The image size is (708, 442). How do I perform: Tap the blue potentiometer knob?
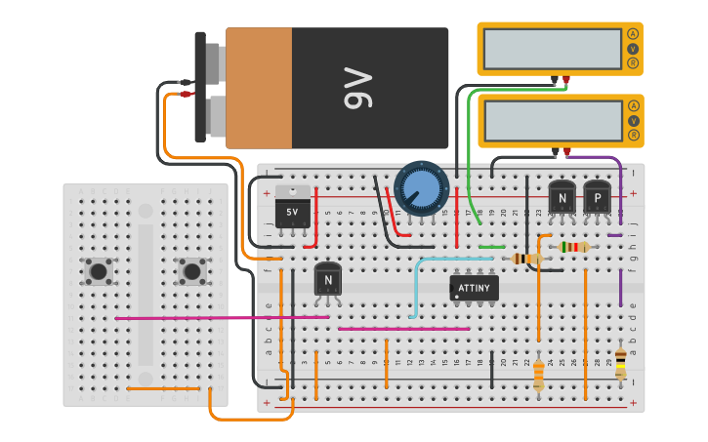point(420,187)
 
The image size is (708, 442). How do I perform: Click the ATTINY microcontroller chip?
point(474,288)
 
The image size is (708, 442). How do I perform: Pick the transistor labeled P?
point(597,198)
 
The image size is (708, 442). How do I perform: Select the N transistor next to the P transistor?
point(562,198)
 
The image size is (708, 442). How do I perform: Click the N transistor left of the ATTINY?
point(327,280)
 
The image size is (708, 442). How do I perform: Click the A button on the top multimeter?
point(633,34)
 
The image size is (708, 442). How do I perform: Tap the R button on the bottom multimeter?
point(633,134)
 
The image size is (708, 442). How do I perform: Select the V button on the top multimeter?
point(633,49)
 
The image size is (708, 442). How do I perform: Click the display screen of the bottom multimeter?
point(552,119)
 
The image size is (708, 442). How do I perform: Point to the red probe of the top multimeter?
point(565,80)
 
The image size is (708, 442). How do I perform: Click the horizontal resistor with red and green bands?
point(572,247)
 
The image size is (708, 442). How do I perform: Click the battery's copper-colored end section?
point(259,88)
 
